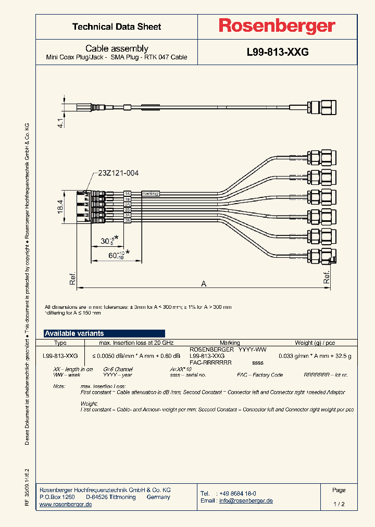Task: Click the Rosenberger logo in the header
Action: click(277, 26)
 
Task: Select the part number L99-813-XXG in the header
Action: click(277, 53)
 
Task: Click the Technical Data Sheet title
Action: click(117, 27)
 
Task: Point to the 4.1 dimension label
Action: click(60, 123)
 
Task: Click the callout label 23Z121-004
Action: click(118, 173)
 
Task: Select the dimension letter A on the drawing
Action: click(204, 283)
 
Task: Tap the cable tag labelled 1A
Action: click(127, 194)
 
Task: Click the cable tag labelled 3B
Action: click(127, 220)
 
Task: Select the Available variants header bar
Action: click(104, 333)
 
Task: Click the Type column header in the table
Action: click(60, 343)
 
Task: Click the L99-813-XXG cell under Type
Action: click(60, 356)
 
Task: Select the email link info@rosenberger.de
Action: click(245, 500)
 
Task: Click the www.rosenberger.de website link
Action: click(66, 505)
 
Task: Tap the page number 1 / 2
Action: click(339, 504)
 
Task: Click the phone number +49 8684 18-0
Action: click(238, 493)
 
